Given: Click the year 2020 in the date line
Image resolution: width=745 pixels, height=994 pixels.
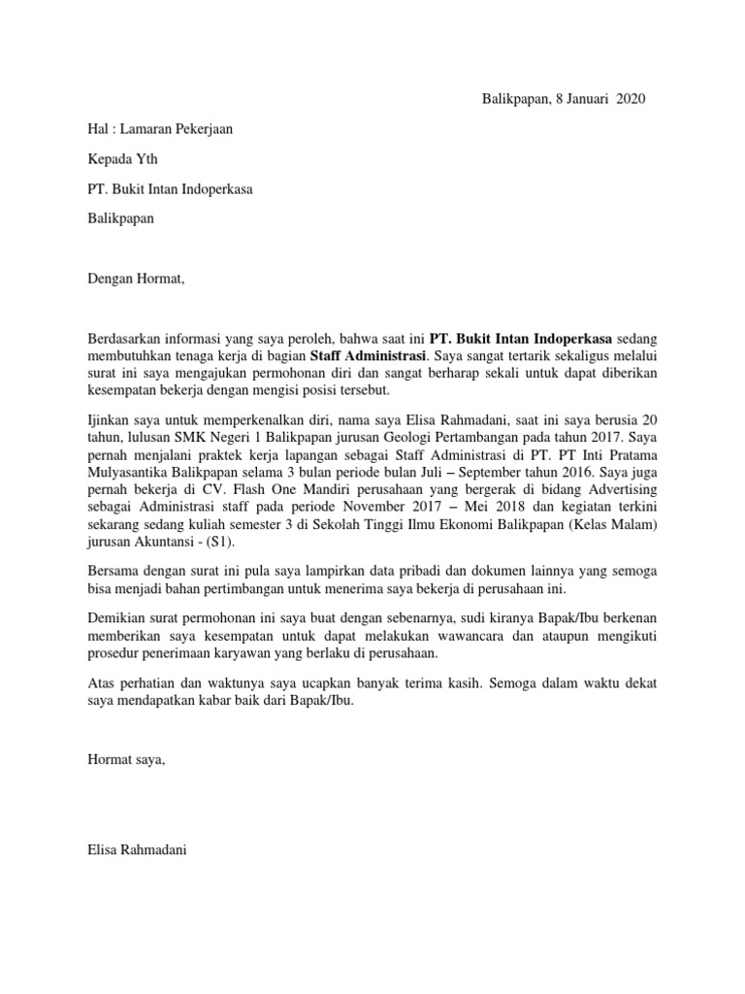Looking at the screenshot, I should (x=628, y=99).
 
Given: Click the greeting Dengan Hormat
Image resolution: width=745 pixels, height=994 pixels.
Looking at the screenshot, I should (x=134, y=280).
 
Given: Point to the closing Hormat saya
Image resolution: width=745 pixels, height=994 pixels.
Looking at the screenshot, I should (x=126, y=760).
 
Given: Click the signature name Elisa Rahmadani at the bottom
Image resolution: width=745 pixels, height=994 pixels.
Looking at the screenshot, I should (x=137, y=849).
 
